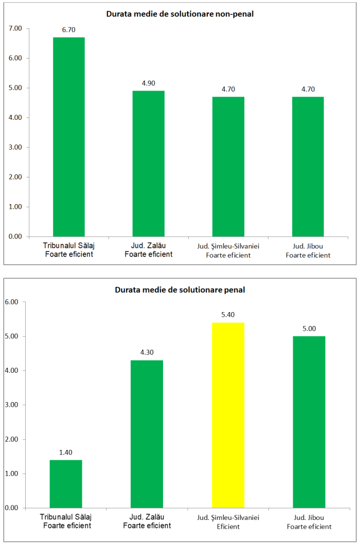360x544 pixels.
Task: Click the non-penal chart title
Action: [180, 14]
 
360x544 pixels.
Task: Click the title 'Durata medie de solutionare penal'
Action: [180, 289]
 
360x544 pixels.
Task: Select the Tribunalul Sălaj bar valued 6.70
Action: [69, 137]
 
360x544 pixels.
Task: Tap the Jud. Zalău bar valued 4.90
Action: [149, 164]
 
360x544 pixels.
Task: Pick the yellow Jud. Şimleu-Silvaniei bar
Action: [228, 415]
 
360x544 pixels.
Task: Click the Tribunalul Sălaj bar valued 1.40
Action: [66, 484]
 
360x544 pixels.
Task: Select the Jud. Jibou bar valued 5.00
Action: [309, 422]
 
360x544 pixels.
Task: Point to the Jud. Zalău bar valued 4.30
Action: [147, 434]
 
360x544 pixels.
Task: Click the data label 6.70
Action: [69, 30]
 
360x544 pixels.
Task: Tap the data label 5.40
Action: [228, 315]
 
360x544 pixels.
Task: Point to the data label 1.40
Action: [66, 452]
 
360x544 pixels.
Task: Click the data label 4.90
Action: [149, 83]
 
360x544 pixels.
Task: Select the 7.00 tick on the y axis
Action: [15, 28]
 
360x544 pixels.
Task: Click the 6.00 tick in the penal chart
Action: [11, 302]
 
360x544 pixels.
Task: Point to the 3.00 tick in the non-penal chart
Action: [15, 147]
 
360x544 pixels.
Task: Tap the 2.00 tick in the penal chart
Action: [11, 439]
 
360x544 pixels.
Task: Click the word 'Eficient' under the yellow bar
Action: [228, 527]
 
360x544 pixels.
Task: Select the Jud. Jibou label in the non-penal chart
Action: [308, 246]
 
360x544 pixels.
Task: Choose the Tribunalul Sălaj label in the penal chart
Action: [66, 517]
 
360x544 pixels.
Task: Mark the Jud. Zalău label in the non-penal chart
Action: [149, 246]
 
